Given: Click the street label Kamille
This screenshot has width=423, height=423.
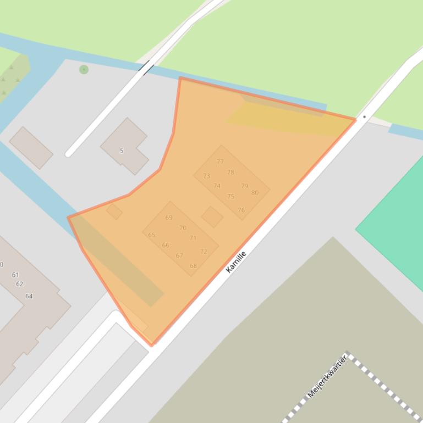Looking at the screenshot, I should [236, 261].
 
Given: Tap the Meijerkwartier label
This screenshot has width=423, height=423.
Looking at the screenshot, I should [327, 377].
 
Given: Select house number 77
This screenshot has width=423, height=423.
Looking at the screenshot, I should [220, 162].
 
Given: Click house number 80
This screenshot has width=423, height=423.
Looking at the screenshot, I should [255, 193].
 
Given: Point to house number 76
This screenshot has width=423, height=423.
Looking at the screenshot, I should [241, 210].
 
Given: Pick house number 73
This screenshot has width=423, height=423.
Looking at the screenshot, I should [206, 176].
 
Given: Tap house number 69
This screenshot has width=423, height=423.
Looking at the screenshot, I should [169, 218].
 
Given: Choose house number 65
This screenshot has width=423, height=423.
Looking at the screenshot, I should [151, 235].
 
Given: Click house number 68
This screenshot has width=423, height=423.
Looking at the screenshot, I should [193, 266].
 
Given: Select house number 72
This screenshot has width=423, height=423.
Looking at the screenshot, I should [204, 252].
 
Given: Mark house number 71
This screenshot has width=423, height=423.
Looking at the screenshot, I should [193, 238].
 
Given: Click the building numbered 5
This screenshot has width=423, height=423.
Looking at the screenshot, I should [122, 151].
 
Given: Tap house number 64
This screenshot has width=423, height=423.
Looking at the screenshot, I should [29, 296].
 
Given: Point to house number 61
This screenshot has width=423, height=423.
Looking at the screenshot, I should [15, 275].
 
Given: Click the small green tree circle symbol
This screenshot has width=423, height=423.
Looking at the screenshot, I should [84, 70].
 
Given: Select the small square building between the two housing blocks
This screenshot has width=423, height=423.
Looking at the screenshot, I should [212, 216].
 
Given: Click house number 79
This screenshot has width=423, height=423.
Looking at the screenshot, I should [244, 186].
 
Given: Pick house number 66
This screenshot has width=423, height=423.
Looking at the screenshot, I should [165, 246].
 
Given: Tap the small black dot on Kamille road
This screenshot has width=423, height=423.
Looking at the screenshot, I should [364, 117].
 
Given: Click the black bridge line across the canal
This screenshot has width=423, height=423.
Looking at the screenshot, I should [147, 68].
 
